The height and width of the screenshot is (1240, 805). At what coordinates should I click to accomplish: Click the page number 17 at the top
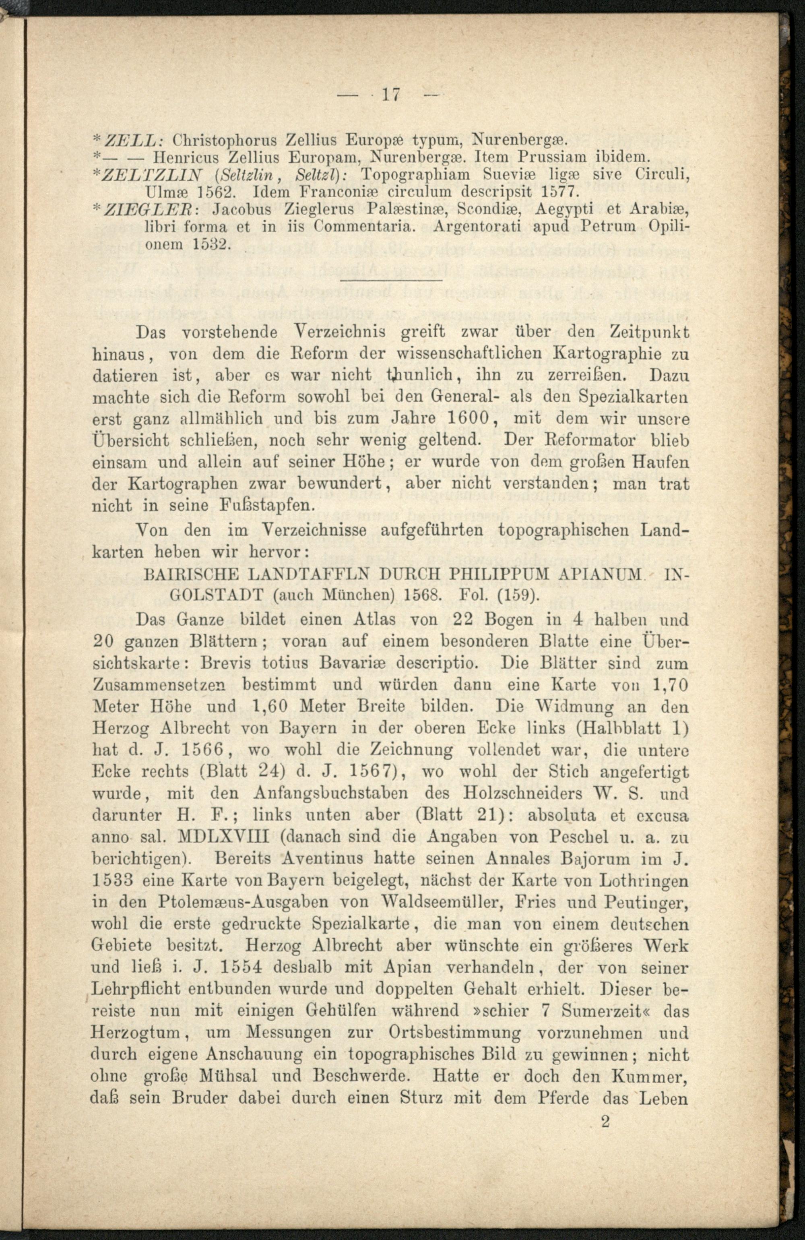coord(390,95)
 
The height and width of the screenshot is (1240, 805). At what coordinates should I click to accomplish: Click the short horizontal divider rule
coord(390,281)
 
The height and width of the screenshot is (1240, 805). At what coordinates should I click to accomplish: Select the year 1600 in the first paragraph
coord(468,418)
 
